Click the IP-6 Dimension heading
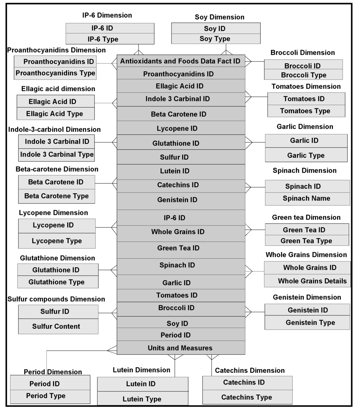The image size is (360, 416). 107,15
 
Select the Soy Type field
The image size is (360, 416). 215,39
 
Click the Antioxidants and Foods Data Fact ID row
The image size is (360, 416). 180,61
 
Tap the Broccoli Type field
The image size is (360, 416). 303,75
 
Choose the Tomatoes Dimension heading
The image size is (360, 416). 306,87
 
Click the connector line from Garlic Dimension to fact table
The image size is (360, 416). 259,143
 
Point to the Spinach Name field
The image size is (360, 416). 307,198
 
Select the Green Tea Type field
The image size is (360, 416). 306,241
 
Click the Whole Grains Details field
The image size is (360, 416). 312,281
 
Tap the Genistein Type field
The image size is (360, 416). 310,322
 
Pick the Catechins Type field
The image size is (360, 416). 246,397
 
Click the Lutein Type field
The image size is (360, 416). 142,399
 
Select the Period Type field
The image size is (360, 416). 46,396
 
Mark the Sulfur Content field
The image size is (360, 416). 56,327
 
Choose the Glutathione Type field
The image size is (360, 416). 57,282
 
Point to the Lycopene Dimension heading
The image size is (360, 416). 53,213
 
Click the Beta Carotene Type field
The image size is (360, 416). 57,196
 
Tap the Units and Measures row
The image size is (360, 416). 180,348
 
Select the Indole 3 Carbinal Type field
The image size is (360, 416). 57,155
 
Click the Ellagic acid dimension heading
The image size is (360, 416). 58,89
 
